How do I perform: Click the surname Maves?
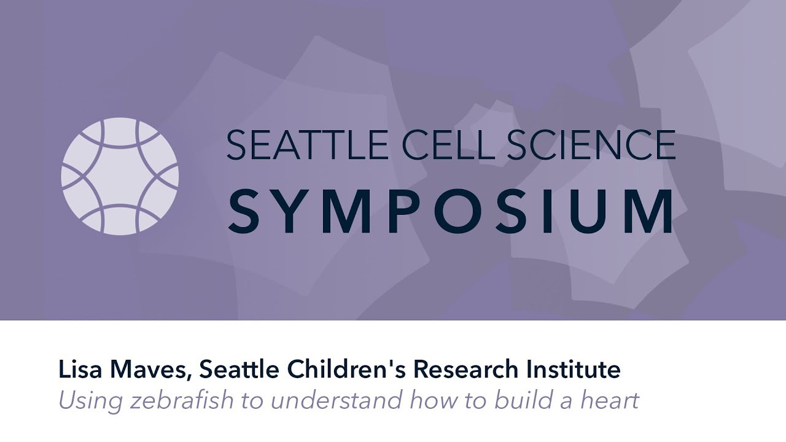[x=147, y=370]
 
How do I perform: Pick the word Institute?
[x=578, y=370]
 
